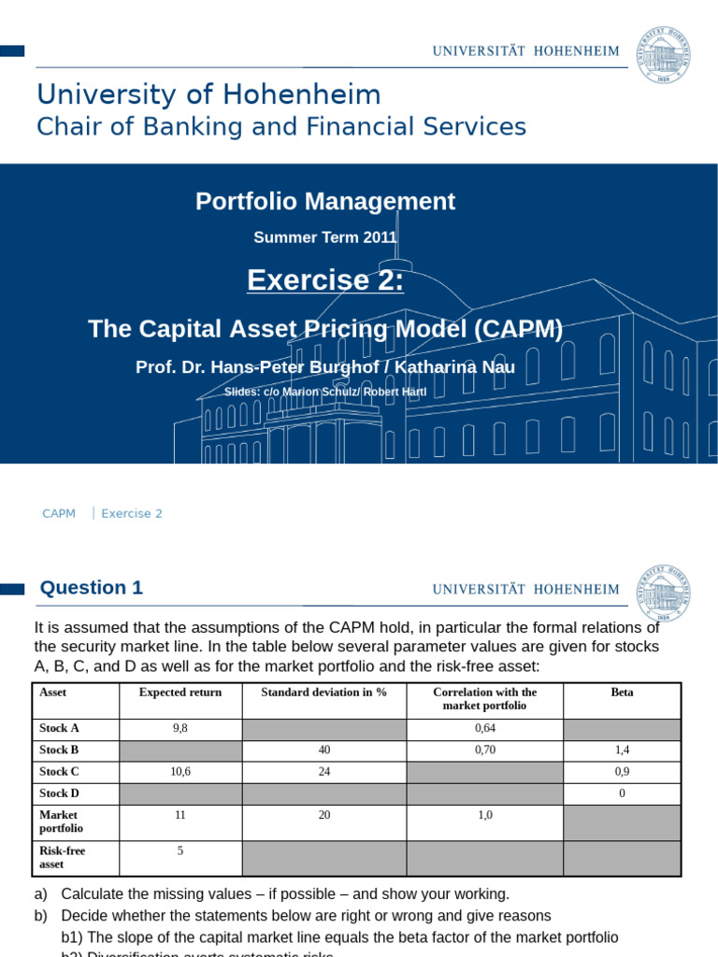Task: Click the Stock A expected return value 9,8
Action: coord(180,729)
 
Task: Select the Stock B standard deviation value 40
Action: coord(324,750)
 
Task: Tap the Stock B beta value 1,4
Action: coord(622,750)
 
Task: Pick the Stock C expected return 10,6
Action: coord(180,771)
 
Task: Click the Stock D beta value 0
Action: coord(622,793)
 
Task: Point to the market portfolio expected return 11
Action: coord(180,815)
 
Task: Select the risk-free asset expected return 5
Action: coord(180,850)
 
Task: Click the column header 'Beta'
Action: coord(622,693)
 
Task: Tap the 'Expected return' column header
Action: coord(180,693)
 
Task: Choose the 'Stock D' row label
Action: coord(60,793)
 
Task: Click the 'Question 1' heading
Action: coord(91,588)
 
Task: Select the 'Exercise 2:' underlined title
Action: coord(325,279)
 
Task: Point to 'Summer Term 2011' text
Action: coord(325,237)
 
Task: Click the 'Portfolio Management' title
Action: coord(325,201)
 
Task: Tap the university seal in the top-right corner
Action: coord(665,52)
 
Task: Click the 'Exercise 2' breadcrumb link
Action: coord(132,513)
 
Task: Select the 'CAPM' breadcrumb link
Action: coord(59,513)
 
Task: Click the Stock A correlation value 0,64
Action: coord(484,729)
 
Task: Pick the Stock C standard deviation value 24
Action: coord(324,771)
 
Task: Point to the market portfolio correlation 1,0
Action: coord(484,815)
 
